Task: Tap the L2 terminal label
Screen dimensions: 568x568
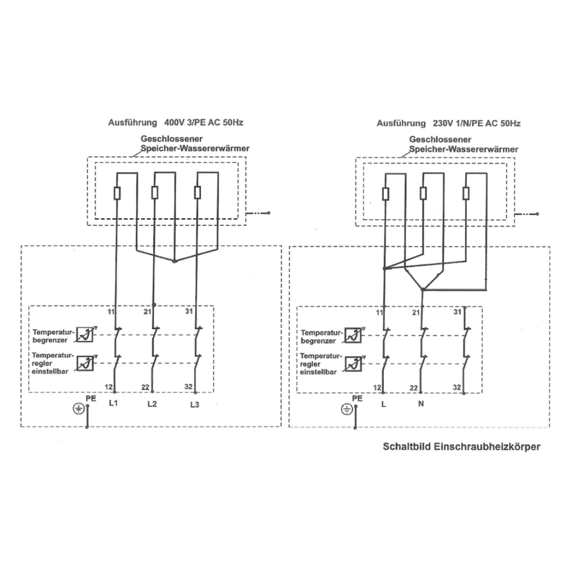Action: [152, 404]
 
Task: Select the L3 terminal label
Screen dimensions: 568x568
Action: [195, 404]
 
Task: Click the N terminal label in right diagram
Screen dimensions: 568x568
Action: [421, 404]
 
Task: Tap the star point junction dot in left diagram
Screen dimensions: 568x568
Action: [174, 262]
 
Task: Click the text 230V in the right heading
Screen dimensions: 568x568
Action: [443, 123]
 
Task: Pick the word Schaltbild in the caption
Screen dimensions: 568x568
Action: [407, 447]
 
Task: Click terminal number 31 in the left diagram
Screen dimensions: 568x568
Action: [190, 311]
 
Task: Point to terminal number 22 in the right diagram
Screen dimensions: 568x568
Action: [414, 387]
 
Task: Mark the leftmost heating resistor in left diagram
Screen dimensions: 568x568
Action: [116, 193]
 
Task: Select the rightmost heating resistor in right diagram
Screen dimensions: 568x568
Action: [466, 193]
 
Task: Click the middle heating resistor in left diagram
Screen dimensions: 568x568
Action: [154, 193]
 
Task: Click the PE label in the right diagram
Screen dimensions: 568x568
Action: [357, 398]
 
